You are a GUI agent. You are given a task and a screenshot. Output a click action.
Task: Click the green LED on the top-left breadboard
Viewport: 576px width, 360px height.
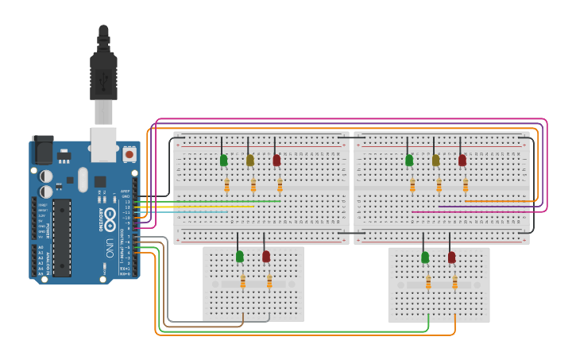point(224,161)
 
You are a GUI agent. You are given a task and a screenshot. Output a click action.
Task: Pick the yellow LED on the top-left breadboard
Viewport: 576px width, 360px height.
point(250,161)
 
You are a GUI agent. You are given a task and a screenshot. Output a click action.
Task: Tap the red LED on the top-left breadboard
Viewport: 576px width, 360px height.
point(276,161)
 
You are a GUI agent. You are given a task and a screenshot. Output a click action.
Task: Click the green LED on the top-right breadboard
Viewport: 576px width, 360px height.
point(409,161)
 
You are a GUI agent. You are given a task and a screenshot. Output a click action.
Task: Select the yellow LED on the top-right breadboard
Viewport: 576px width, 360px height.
point(435,161)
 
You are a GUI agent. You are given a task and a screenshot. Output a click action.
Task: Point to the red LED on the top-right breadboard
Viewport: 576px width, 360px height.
point(462,161)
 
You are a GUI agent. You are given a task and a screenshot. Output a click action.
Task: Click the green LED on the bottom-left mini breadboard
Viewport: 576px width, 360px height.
point(240,256)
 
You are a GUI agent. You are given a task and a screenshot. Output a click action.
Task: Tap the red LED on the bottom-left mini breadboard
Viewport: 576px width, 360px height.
point(266,256)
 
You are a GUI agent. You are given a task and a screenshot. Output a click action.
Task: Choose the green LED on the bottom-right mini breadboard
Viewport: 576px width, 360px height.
point(425,257)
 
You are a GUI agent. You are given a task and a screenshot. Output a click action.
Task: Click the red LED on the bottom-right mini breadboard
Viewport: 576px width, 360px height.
point(452,257)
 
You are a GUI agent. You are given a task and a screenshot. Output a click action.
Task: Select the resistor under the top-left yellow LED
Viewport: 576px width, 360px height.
point(253,186)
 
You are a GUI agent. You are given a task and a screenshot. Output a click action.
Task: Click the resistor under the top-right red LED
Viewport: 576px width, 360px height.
point(466,186)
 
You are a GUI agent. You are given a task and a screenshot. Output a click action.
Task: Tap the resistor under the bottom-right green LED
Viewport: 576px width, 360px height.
point(428,282)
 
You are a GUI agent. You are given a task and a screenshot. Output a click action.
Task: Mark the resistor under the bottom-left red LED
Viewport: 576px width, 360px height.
point(269,282)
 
